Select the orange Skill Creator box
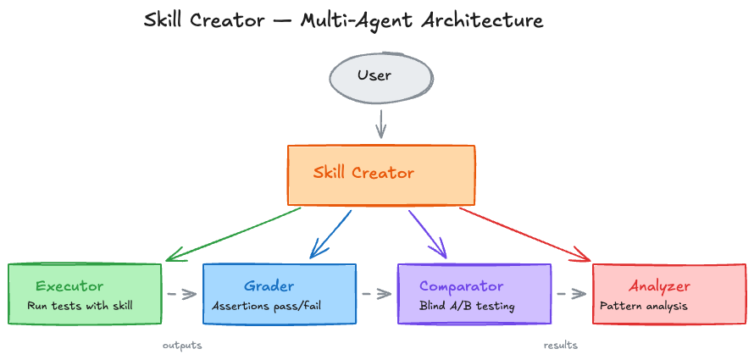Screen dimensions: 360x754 (381, 175)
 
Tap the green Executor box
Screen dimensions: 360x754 (84, 294)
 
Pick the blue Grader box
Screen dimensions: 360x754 (280, 294)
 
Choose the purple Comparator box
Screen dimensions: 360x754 (474, 294)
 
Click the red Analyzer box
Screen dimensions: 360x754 (668, 294)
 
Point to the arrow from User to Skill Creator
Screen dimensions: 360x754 (380, 124)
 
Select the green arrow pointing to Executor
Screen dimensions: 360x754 (233, 234)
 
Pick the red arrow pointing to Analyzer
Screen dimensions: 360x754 (525, 234)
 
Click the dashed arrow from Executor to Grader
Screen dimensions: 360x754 (181, 295)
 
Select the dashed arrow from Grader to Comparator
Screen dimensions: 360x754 (376, 295)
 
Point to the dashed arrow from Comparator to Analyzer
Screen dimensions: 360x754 (571, 295)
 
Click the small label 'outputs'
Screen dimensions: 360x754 (182, 346)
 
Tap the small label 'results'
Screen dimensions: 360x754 (560, 346)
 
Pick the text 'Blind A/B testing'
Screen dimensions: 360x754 (467, 306)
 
